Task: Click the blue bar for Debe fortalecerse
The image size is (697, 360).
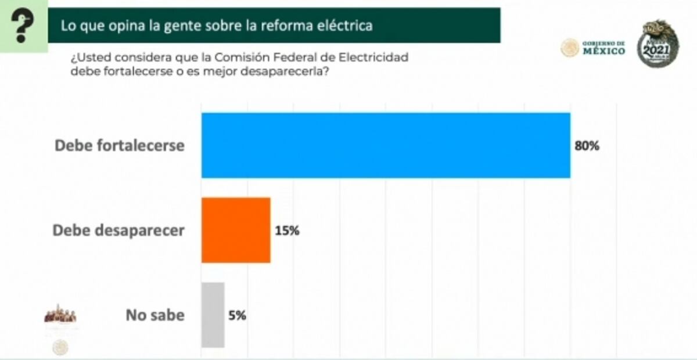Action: point(386,145)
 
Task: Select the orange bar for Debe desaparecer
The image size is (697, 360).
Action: point(236,230)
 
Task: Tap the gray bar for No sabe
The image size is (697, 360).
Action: point(213,315)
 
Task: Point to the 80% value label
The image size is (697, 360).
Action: point(587,146)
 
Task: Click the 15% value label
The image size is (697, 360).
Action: point(287,231)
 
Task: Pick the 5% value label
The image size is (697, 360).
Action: point(238,316)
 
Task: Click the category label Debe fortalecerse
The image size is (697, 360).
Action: point(119,146)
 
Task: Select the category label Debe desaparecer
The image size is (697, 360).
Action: point(118,231)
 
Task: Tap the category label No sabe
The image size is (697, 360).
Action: point(155,316)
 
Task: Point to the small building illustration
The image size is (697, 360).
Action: point(60,314)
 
